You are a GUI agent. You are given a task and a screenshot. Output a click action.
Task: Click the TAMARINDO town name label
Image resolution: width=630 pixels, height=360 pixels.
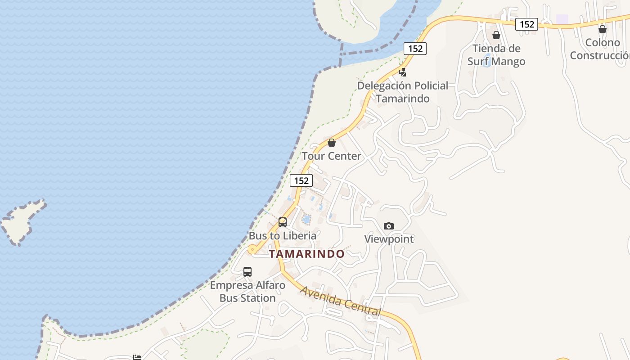pyautogui.click(x=307, y=254)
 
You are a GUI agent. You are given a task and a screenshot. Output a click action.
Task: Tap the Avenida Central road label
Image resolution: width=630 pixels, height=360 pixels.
pyautogui.click(x=341, y=301)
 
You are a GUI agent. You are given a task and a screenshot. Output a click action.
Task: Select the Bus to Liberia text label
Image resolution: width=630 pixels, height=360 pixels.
pyautogui.click(x=283, y=235)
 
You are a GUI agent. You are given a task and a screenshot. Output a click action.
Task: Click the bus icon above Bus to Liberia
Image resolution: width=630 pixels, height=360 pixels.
pyautogui.click(x=283, y=222)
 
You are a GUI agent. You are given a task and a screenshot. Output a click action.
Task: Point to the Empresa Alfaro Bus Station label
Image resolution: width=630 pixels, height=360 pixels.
pyautogui.click(x=247, y=291)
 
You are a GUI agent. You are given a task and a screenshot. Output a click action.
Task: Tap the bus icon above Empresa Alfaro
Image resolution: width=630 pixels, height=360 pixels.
pyautogui.click(x=247, y=271)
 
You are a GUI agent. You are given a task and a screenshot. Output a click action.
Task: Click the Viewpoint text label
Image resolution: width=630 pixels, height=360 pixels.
pyautogui.click(x=389, y=239)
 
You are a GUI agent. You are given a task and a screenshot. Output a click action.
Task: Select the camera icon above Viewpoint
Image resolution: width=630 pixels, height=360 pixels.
pyautogui.click(x=389, y=226)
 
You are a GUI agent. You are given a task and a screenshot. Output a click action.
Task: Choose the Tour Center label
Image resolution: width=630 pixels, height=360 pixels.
pyautogui.click(x=331, y=156)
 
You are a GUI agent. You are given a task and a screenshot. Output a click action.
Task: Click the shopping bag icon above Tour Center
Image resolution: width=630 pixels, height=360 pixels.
pyautogui.click(x=332, y=143)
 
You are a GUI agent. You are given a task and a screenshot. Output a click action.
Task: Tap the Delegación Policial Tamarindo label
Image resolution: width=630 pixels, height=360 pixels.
pyautogui.click(x=403, y=92)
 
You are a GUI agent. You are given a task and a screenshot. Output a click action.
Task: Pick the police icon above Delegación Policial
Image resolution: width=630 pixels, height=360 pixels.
pyautogui.click(x=403, y=72)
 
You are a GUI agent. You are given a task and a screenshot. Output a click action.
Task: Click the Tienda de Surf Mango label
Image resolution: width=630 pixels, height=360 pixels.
pyautogui.click(x=496, y=55)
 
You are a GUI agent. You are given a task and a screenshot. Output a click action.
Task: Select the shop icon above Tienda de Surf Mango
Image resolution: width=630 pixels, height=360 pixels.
pyautogui.click(x=496, y=35)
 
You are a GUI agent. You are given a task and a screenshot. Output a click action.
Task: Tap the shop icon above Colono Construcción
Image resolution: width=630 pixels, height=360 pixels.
pyautogui.click(x=603, y=30)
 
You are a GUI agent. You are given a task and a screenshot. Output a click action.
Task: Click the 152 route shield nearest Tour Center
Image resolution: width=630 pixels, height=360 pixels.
pyautogui.click(x=301, y=180)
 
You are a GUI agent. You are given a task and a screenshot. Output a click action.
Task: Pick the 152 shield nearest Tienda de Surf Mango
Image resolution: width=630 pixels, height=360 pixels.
pyautogui.click(x=526, y=24)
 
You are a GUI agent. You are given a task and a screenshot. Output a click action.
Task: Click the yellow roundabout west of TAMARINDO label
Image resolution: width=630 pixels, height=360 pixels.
pyautogui.click(x=253, y=249)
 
